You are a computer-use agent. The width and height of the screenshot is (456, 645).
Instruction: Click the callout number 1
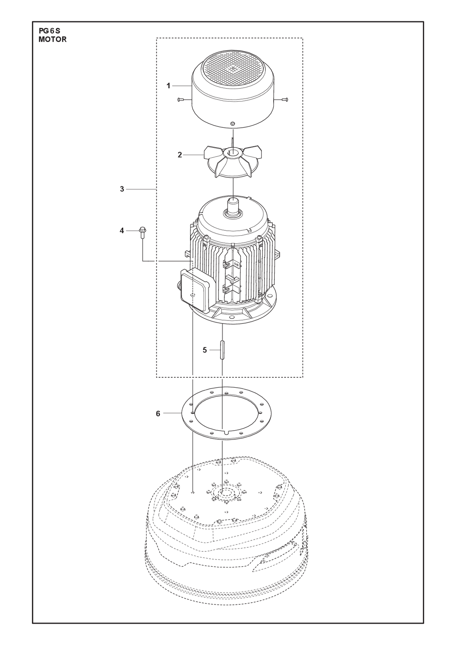[168, 86]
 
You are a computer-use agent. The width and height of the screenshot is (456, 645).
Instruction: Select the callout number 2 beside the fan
[180, 155]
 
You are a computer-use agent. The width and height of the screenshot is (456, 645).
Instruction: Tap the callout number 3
[122, 189]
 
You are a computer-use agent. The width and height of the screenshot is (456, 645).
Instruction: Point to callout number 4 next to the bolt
[122, 231]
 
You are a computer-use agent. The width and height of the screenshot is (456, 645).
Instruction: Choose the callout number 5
[205, 350]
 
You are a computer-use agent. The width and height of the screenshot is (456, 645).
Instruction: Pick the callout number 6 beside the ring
[158, 414]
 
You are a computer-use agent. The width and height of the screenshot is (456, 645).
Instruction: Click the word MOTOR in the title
[52, 40]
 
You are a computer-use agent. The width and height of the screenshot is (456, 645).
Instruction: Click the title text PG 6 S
[49, 31]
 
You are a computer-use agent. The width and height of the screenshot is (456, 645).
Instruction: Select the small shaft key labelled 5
[222, 350]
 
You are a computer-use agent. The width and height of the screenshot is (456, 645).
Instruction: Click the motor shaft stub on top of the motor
[233, 206]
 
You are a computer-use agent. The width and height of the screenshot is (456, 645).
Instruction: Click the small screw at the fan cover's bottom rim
[233, 124]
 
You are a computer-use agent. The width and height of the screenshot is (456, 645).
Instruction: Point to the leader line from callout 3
[141, 189]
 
